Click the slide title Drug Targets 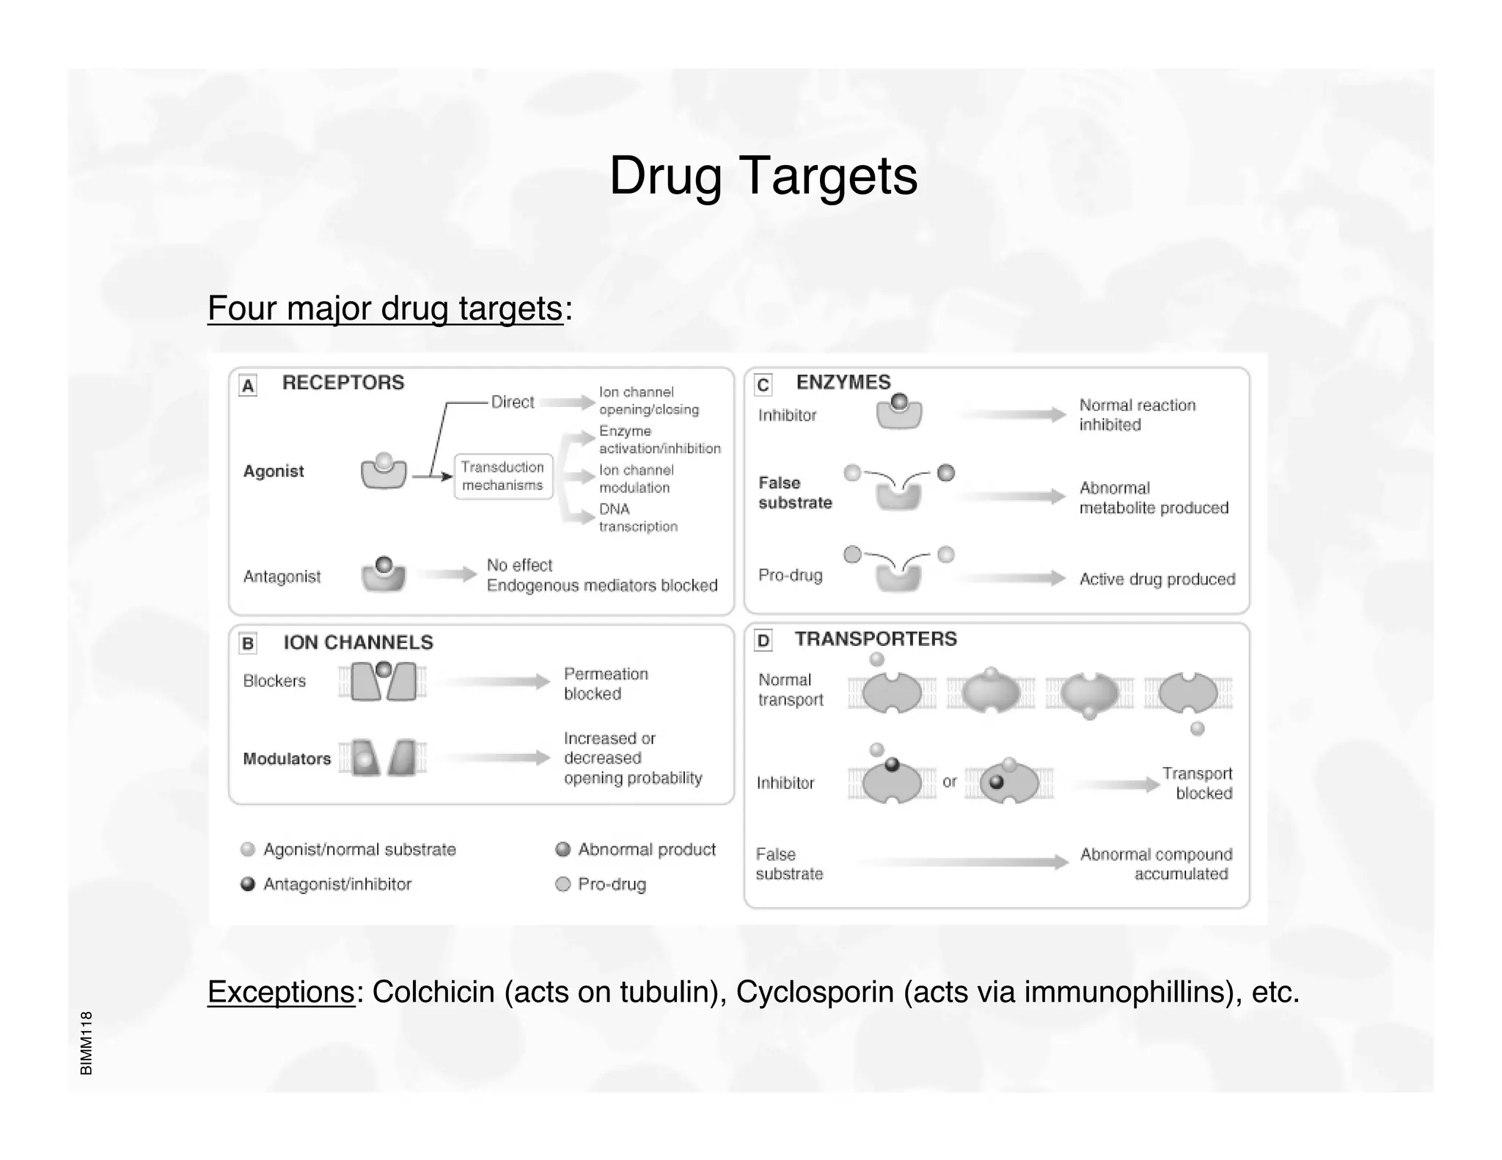point(763,176)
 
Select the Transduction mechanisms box point(502,477)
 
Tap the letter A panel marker point(248,386)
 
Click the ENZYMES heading point(843,382)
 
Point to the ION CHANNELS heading point(358,642)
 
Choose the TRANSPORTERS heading point(876,639)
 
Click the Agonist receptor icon point(384,471)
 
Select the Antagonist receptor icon point(384,574)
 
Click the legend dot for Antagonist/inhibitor point(248,884)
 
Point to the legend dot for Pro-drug point(563,884)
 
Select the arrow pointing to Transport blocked point(1118,785)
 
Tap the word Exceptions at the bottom point(281,992)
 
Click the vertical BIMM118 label point(87,1043)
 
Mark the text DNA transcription point(637,518)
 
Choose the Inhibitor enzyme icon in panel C point(899,413)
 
